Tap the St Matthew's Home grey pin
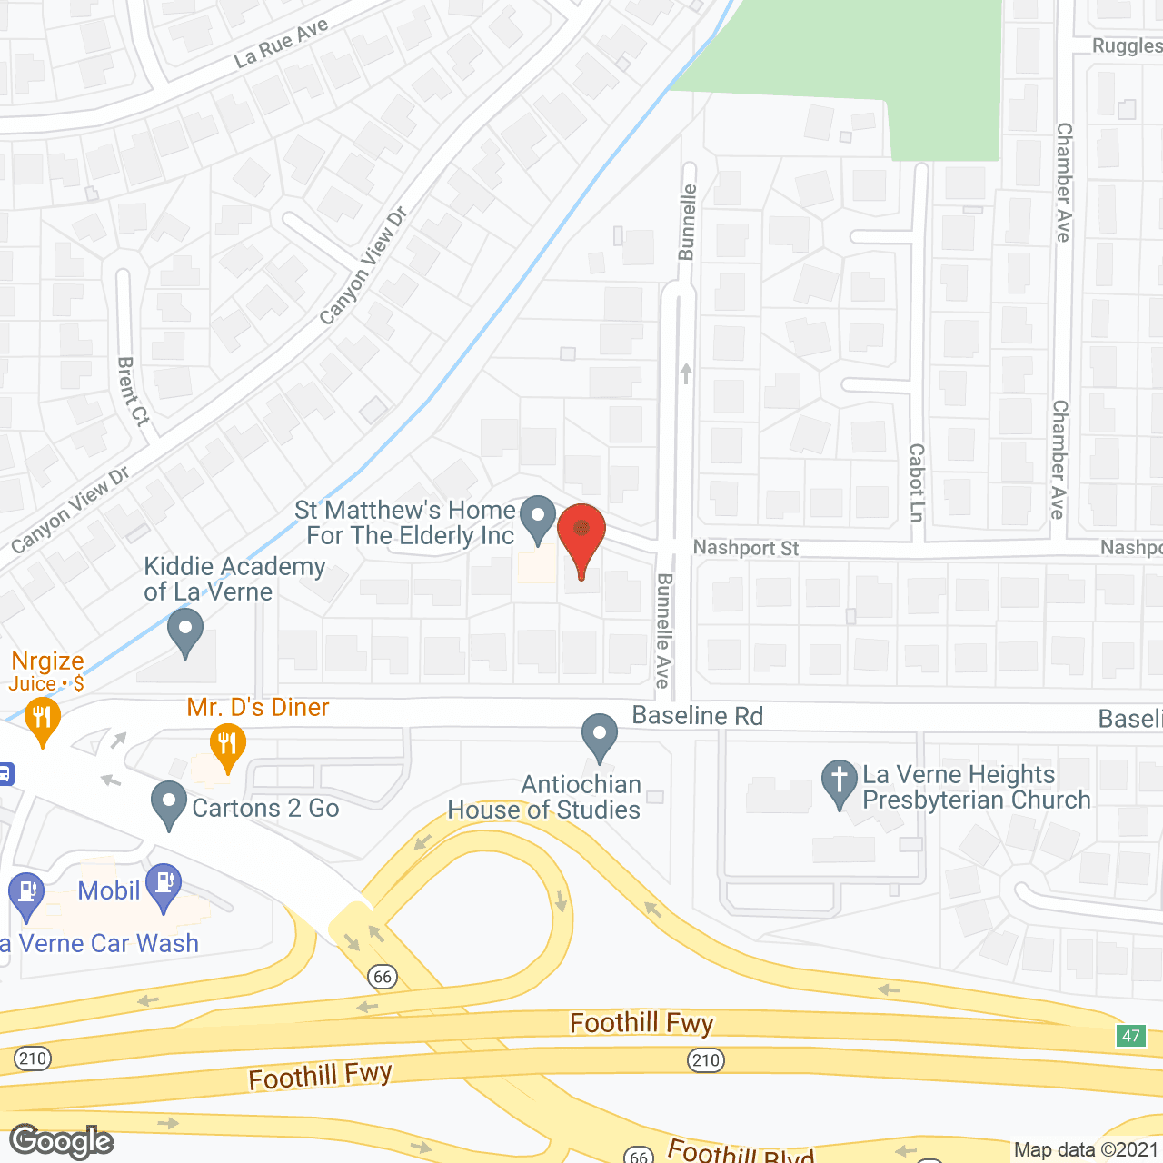coord(538,518)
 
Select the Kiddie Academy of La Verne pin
coord(185,630)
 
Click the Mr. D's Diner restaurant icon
coord(227,745)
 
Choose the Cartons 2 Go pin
coord(169,803)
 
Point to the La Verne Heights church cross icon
coord(839,781)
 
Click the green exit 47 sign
coord(1130,1036)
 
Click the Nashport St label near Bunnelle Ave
coord(745,548)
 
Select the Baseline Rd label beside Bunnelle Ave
coord(697,716)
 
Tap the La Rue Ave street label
coord(281,43)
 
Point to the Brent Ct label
coord(133,392)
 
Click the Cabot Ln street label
coord(916,482)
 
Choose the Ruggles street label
coord(1127,46)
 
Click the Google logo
coord(62,1141)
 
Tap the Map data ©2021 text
coord(1086,1150)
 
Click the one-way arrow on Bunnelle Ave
coord(686,373)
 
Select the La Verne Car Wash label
coord(100,943)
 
